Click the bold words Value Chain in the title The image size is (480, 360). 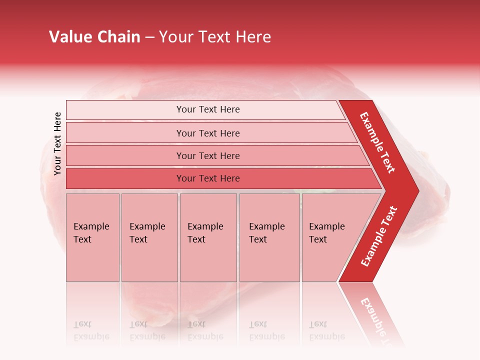(94, 37)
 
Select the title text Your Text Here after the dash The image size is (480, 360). (215, 37)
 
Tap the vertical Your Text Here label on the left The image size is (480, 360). (57, 143)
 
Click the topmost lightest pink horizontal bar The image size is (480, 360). (207, 109)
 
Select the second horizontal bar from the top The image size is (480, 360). (207, 133)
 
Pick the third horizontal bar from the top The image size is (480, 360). (207, 156)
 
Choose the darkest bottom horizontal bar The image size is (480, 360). (207, 178)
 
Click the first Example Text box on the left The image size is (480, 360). (92, 237)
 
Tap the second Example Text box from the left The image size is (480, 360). (149, 237)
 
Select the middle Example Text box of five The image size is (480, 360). (208, 237)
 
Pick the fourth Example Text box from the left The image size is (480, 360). (269, 237)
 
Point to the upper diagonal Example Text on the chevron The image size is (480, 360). (377, 142)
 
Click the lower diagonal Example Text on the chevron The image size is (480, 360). (379, 236)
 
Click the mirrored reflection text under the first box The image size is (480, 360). (91, 330)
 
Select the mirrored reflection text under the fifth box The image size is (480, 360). (326, 330)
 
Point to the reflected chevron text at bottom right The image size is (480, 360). (375, 317)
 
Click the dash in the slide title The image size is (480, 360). (149, 37)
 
